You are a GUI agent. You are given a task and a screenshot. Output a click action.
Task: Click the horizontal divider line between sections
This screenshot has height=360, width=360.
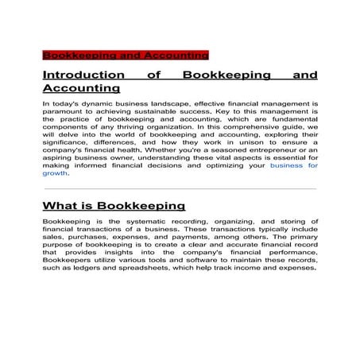pos(180,189)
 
